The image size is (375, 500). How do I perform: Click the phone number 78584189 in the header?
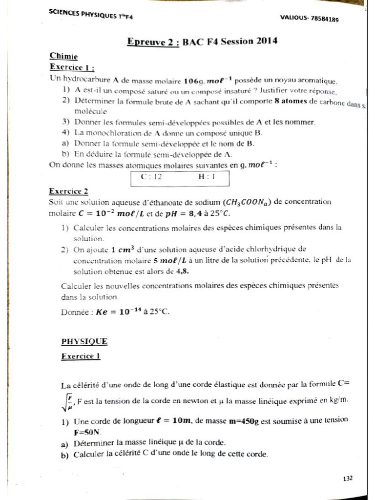323,19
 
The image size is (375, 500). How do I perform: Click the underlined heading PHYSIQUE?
84,342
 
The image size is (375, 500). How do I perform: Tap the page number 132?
348,479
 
